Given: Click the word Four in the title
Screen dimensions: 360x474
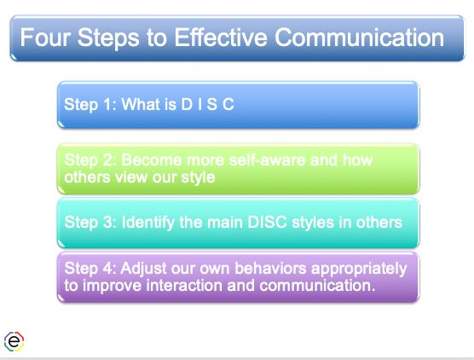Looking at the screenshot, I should pos(43,39).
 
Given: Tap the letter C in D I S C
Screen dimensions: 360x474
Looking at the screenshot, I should pos(229,105).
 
